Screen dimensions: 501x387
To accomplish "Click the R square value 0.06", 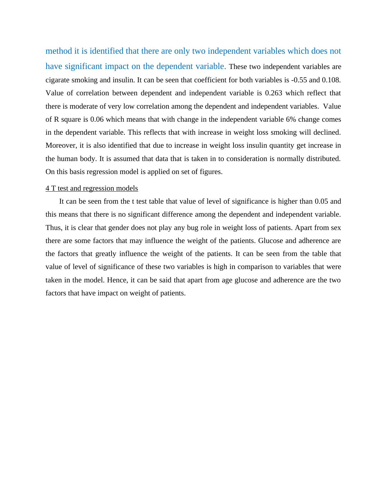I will (x=97, y=119).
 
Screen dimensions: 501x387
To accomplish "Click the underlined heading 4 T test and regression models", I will (x=92, y=188).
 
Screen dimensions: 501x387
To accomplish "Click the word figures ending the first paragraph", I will (x=211, y=172).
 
